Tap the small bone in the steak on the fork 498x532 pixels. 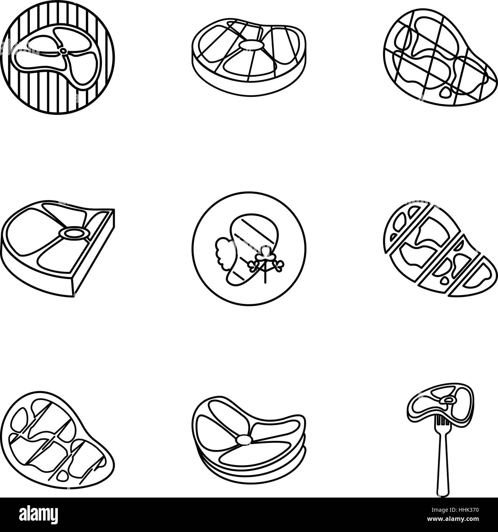tap(448, 400)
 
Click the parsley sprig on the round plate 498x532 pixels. tap(264, 264)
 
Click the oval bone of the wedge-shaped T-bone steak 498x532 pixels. tap(71, 233)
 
